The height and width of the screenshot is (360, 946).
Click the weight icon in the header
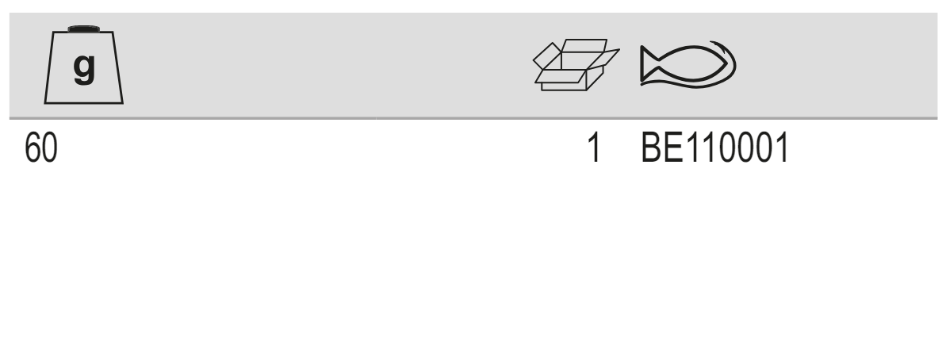tap(84, 65)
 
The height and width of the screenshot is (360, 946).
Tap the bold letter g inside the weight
tap(84, 67)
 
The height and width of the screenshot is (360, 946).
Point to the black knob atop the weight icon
tap(84, 29)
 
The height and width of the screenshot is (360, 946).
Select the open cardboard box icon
tap(576, 65)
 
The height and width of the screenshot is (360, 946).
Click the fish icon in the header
tap(687, 64)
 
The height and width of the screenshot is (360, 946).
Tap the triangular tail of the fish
tap(649, 63)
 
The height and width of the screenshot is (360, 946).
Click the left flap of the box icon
tap(547, 56)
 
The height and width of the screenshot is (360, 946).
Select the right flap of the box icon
tap(603, 59)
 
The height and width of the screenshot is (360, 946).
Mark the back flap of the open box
tap(584, 46)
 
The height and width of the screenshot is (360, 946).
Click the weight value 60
tap(41, 147)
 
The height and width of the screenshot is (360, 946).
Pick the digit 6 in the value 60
tap(33, 147)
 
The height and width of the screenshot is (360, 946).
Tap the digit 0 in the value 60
tap(49, 147)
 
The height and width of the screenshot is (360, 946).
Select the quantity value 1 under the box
tap(594, 147)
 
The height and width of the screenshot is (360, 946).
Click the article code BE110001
tap(715, 147)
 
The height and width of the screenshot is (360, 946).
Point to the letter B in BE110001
tap(651, 147)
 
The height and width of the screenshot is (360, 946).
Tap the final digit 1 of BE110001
tap(782, 147)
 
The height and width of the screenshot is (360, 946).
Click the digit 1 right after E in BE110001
tap(692, 147)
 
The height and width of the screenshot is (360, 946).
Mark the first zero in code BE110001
tap(727, 147)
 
